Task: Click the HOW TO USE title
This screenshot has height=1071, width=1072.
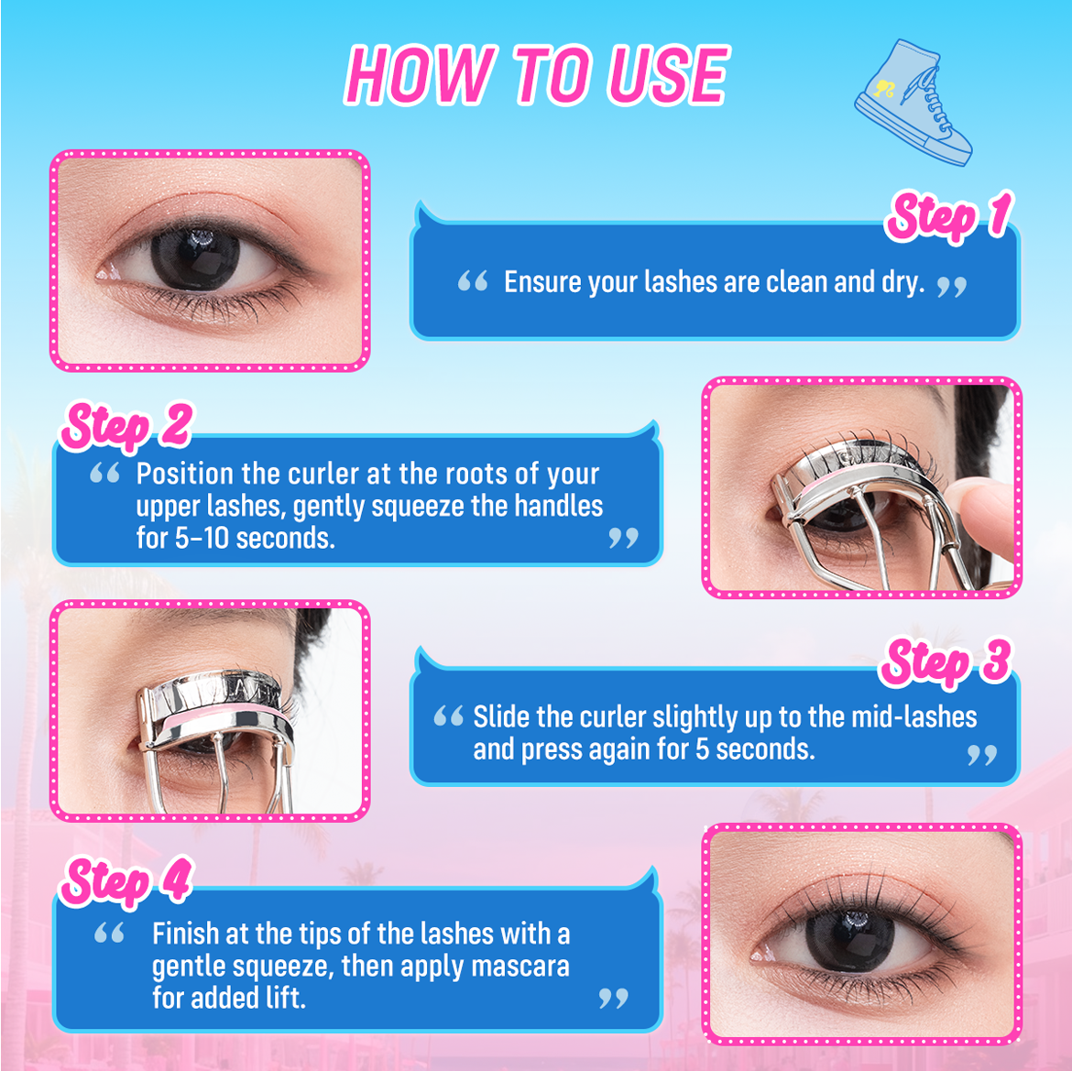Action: coord(537,74)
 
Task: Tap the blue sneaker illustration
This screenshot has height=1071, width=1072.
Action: coord(911,102)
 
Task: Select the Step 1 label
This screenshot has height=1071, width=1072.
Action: coord(947,217)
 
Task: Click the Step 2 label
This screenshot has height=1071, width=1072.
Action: coord(126,426)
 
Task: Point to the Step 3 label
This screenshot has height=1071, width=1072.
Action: coord(945,661)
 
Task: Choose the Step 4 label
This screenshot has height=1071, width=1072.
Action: coord(126,880)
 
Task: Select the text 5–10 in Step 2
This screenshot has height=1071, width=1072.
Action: coord(203,538)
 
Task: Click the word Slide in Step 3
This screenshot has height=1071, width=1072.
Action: coord(500,716)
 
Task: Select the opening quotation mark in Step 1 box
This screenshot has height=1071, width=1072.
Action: coord(472,281)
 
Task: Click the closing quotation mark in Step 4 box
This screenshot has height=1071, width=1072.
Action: coord(613,998)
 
